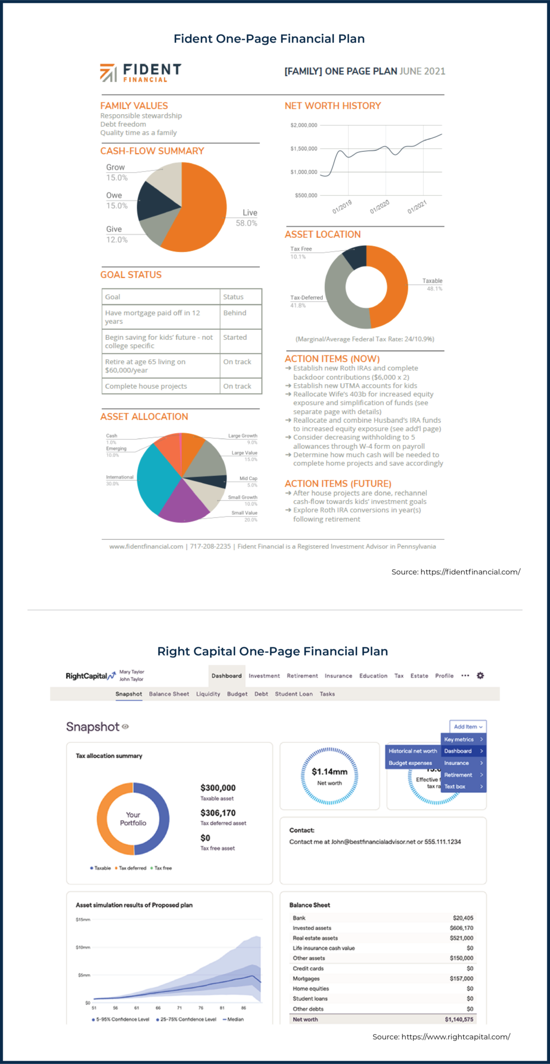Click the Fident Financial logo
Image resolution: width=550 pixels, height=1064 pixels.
tap(140, 73)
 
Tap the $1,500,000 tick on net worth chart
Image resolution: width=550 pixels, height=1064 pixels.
tap(304, 149)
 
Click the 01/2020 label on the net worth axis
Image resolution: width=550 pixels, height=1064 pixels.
tap(379, 207)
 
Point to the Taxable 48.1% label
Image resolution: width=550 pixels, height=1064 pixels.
tap(432, 284)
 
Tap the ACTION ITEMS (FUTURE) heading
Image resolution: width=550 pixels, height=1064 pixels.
tap(337, 484)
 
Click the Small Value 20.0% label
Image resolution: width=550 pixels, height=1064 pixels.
tap(244, 516)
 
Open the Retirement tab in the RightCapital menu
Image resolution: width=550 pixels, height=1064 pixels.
tap(302, 676)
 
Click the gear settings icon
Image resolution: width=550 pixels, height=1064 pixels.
tap(480, 675)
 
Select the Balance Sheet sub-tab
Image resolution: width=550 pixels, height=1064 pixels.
tap(169, 694)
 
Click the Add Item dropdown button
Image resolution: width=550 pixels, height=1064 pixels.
tap(468, 727)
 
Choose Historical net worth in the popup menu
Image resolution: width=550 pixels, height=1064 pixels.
tap(413, 751)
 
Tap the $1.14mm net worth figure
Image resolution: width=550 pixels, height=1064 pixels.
tap(330, 772)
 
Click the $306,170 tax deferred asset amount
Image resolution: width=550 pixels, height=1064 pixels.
tap(218, 813)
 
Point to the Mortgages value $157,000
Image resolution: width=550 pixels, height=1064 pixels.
tap(462, 978)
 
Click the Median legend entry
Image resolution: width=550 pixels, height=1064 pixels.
tap(233, 1019)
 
